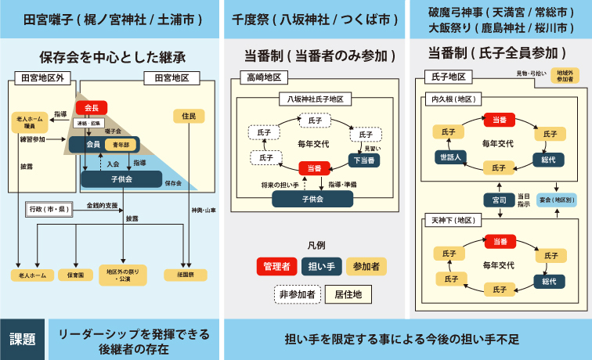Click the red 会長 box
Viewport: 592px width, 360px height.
(x=92, y=108)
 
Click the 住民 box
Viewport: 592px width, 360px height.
(x=188, y=116)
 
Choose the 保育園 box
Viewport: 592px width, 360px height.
(x=76, y=275)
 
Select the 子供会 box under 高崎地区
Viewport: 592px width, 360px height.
(x=313, y=199)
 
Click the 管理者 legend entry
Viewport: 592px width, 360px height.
(x=276, y=266)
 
